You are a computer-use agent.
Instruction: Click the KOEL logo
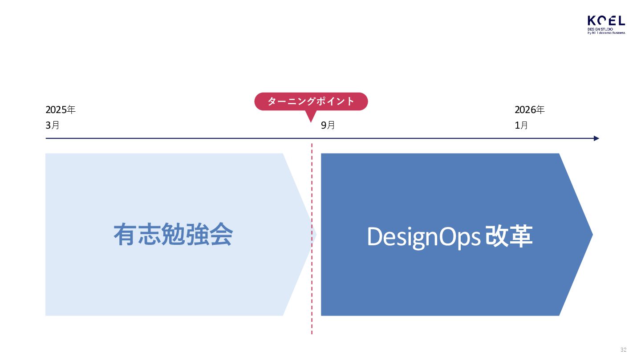(x=606, y=21)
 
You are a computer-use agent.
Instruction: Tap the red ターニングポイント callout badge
(x=311, y=101)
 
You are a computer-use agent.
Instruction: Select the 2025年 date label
(x=61, y=110)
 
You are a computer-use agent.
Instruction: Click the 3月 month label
(x=53, y=126)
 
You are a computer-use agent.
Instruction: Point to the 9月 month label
(x=328, y=126)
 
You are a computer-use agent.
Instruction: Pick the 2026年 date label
(x=530, y=110)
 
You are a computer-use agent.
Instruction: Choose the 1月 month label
(x=521, y=126)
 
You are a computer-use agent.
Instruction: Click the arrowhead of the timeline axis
(x=596, y=138)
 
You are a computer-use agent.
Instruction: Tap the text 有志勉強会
(x=173, y=235)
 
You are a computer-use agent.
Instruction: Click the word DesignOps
(x=423, y=237)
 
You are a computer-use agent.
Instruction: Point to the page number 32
(x=623, y=349)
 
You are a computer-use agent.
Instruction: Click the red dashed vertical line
(x=312, y=289)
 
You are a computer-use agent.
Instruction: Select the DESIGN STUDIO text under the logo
(x=600, y=29)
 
